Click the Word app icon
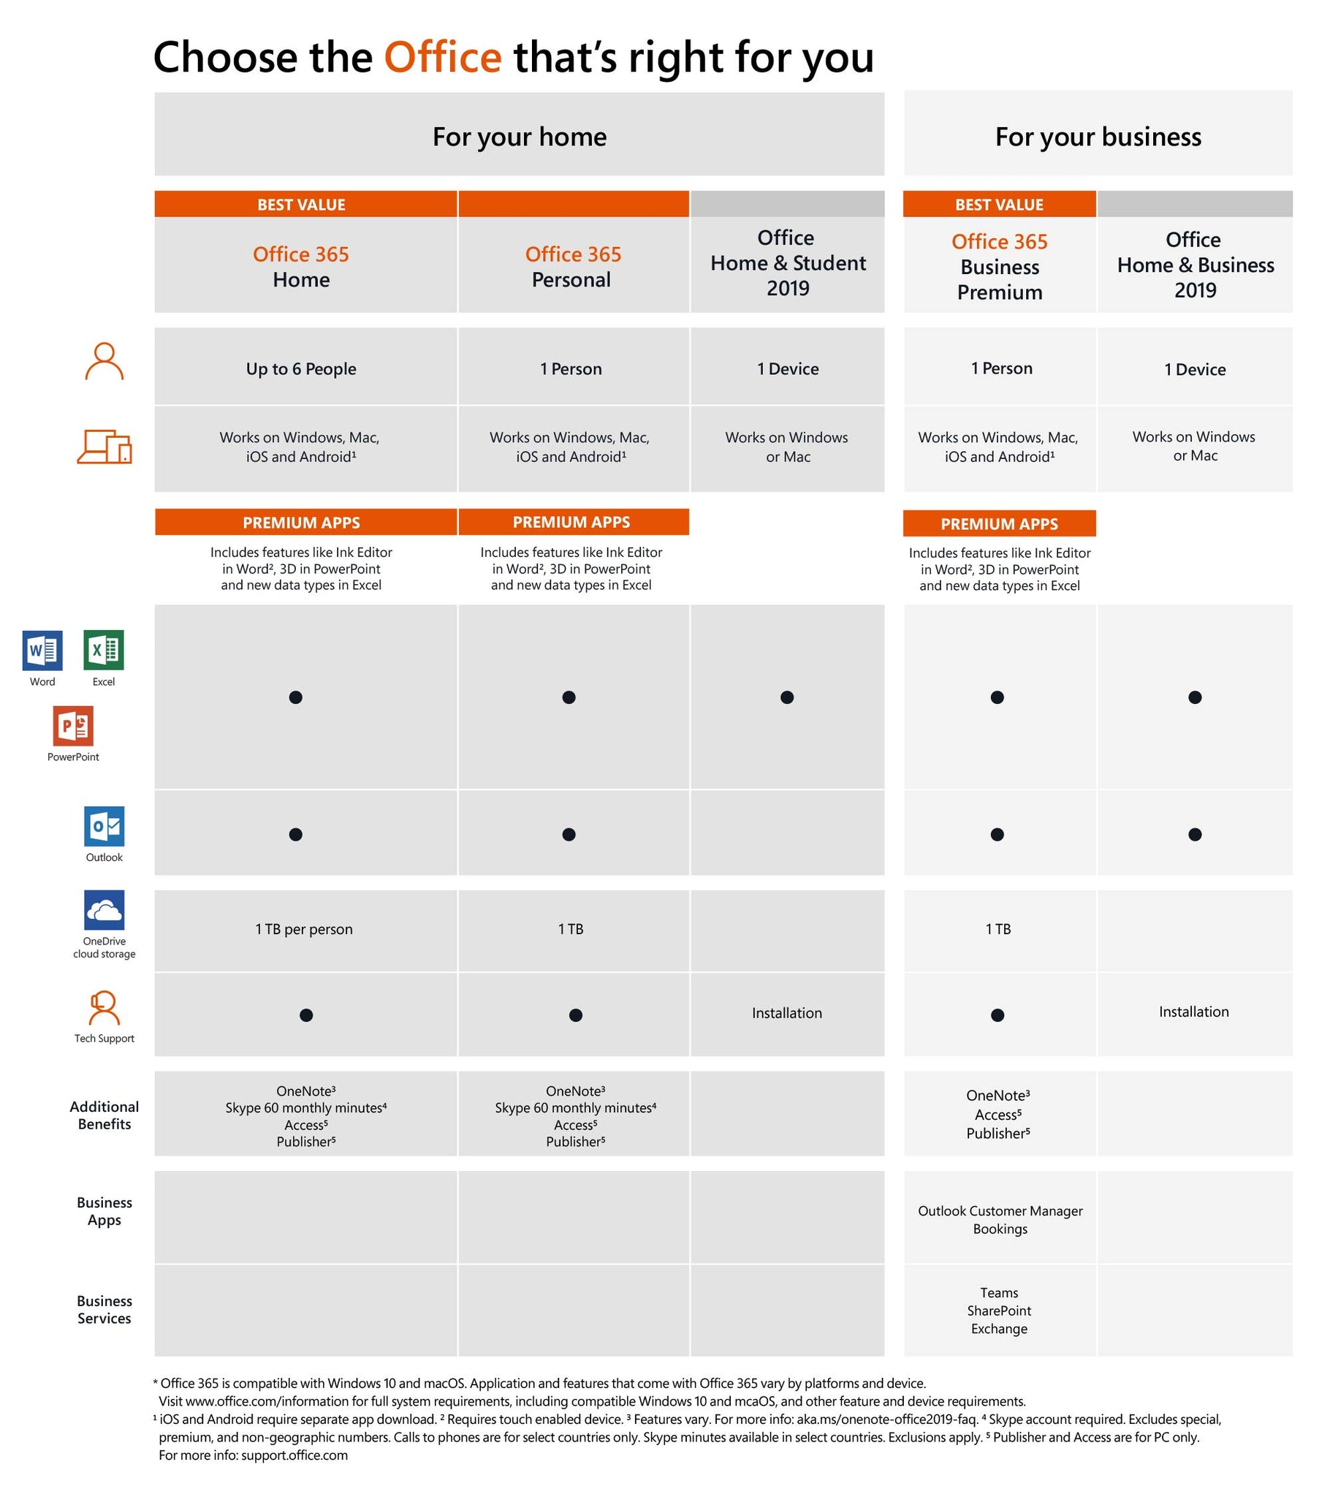[42, 650]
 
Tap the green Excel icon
[103, 650]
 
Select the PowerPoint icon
[73, 725]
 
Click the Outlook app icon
[104, 826]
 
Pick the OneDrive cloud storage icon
[104, 909]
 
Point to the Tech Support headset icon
[104, 1009]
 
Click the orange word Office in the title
[442, 57]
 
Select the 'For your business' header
[1097, 137]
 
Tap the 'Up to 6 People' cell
[301, 368]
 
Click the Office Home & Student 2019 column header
[787, 263]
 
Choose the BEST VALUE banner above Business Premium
[999, 205]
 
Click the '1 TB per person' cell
[304, 928]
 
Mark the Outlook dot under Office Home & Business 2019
[1195, 834]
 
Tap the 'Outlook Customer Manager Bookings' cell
[1000, 1219]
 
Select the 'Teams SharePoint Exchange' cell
[999, 1311]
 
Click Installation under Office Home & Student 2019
[786, 1013]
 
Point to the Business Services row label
[104, 1309]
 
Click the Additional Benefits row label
[104, 1115]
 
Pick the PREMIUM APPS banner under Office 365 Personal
[571, 522]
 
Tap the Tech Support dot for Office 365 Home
[306, 1015]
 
